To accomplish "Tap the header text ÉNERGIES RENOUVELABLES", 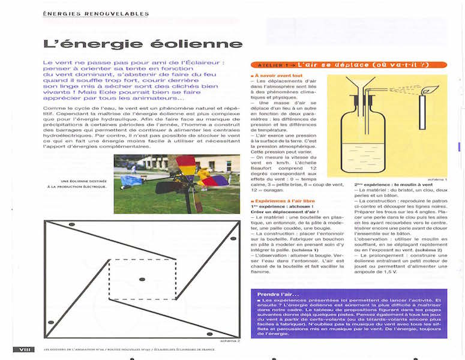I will [96, 14].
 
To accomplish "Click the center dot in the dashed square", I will [142, 279].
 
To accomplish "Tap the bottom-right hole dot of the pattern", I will [209, 334].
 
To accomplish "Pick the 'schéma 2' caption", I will [230, 340].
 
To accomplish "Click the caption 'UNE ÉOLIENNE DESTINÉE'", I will [82, 181].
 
